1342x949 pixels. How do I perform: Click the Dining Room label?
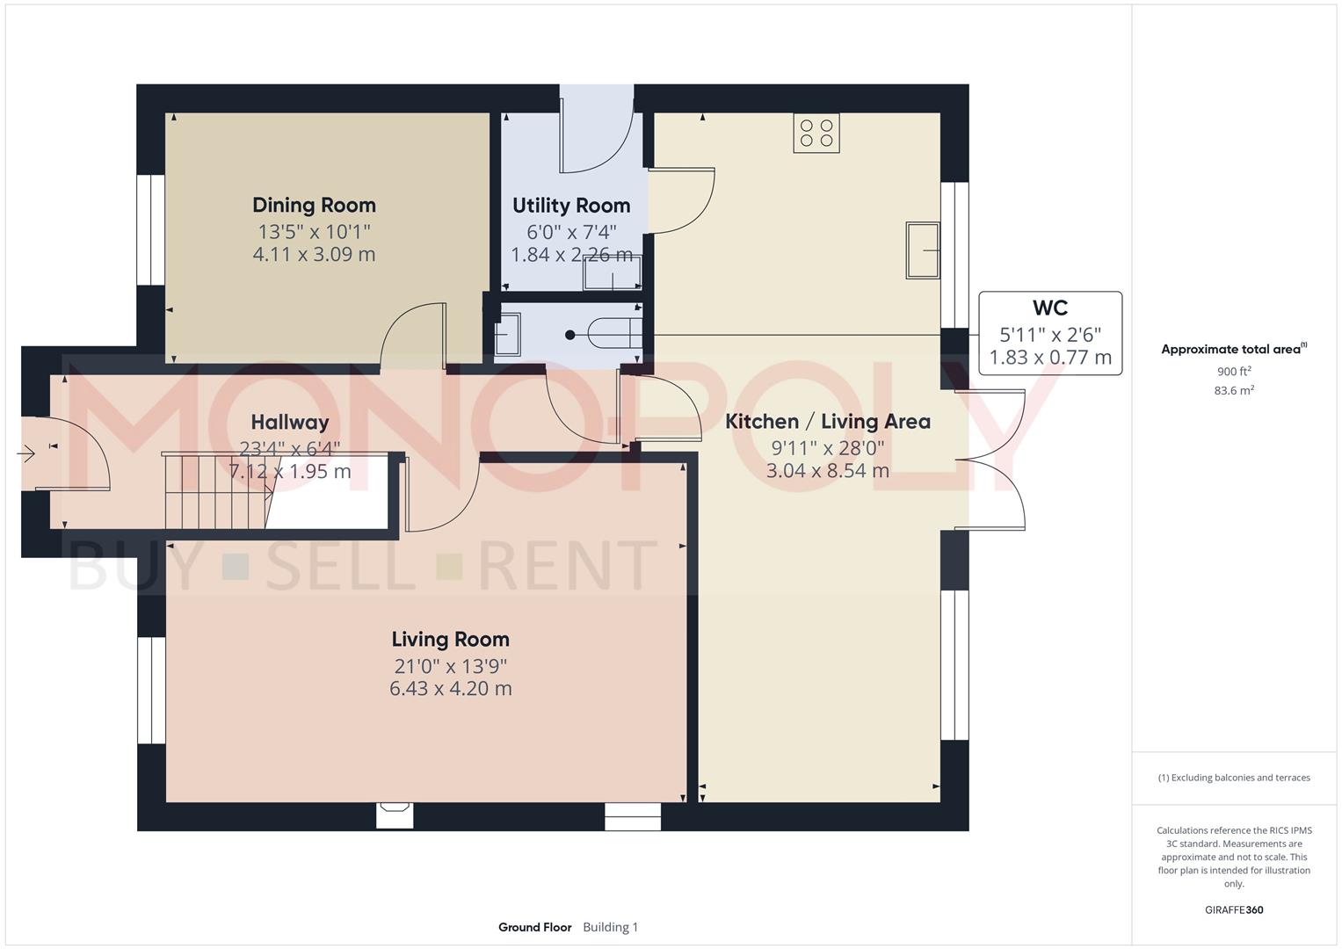[314, 205]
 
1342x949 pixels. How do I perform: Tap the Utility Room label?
[571, 206]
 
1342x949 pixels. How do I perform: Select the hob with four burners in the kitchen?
[816, 133]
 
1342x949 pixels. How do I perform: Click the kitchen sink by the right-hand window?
[923, 250]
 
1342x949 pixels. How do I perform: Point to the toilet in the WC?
[611, 334]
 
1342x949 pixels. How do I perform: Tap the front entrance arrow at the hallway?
[25, 454]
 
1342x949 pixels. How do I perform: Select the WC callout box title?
[1049, 308]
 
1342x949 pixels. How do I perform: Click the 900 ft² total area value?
[1233, 372]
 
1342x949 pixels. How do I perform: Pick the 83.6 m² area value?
[1233, 391]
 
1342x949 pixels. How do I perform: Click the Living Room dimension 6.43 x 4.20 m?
[450, 688]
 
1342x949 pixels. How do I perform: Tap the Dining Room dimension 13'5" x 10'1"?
[314, 232]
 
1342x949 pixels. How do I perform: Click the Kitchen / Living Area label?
[827, 422]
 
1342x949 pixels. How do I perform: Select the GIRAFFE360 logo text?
[1233, 909]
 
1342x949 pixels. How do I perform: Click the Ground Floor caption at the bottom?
[534, 927]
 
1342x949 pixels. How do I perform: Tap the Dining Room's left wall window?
[151, 229]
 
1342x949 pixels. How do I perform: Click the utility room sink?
[613, 273]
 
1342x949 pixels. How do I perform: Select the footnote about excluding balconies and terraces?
[1233, 778]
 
